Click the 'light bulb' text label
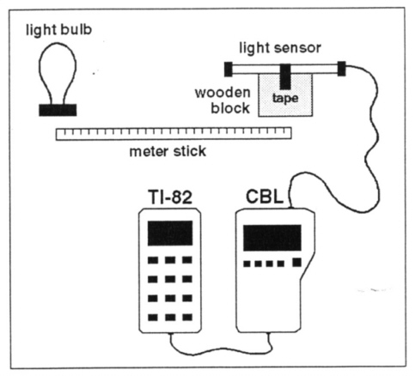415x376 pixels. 58,30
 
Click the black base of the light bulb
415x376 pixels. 58,110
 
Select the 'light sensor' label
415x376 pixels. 280,48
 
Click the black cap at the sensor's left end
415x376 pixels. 228,69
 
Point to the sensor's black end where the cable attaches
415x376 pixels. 341,69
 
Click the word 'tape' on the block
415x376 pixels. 285,99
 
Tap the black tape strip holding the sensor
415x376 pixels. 285,76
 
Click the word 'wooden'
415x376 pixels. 223,93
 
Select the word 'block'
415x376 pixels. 230,108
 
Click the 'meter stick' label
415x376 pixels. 168,151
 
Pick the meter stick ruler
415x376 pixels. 174,134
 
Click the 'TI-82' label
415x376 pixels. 170,197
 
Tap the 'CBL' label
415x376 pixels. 265,197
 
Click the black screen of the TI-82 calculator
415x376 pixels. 170,233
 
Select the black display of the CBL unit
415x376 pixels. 272,238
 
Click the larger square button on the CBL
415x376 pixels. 297,263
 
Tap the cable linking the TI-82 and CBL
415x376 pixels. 221,350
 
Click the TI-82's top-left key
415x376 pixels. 153,260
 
